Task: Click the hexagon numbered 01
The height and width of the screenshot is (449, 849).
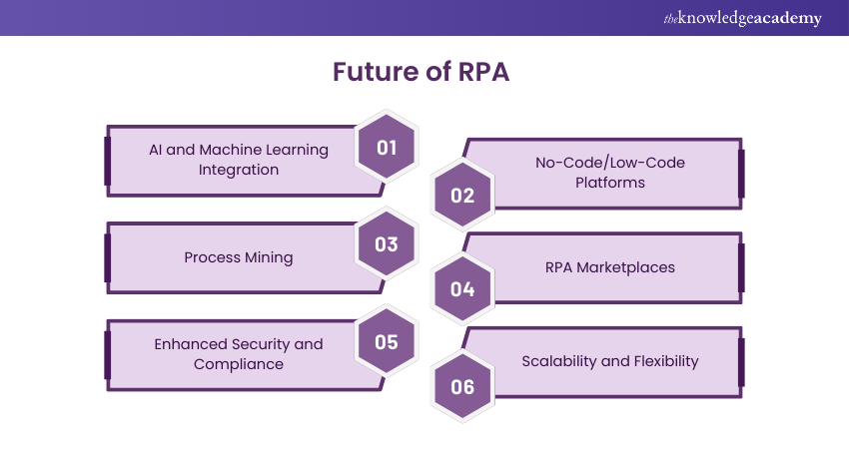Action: (x=387, y=149)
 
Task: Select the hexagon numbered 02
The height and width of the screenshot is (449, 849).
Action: (x=462, y=195)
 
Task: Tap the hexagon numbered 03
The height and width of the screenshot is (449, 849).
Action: (x=387, y=245)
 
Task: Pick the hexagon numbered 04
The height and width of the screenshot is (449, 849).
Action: (x=462, y=290)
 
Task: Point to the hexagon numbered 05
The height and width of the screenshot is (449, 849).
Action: (x=387, y=342)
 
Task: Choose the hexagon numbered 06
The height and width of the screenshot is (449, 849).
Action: (x=462, y=386)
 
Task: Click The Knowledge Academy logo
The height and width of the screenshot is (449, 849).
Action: (x=742, y=18)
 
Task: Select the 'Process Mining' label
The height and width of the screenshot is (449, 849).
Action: (x=238, y=257)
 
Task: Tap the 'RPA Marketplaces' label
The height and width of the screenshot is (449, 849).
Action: (x=609, y=267)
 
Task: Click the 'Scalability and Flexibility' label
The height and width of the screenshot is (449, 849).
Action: (x=609, y=361)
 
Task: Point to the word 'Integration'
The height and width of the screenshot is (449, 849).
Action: (x=238, y=170)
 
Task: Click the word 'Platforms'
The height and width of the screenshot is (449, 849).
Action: (x=609, y=183)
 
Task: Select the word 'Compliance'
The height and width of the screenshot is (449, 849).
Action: (x=238, y=364)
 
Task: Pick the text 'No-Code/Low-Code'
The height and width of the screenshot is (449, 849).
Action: (x=609, y=162)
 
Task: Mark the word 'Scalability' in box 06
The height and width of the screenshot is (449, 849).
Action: (x=561, y=361)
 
